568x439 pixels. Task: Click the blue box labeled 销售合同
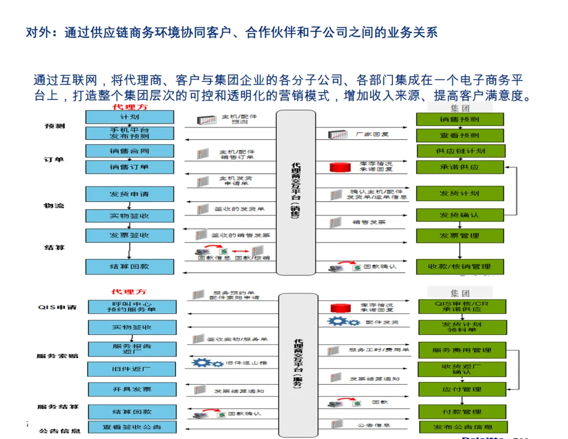click(x=129, y=151)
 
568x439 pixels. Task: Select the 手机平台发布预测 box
click(x=129, y=133)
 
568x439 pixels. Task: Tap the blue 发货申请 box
click(x=129, y=194)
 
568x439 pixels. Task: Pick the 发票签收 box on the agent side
click(x=129, y=235)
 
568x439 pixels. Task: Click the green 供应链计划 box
click(x=460, y=151)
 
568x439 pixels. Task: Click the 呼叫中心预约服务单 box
click(x=132, y=307)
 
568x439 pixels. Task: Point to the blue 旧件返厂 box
click(x=132, y=369)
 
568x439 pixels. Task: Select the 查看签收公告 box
click(x=132, y=427)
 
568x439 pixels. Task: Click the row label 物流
click(x=54, y=205)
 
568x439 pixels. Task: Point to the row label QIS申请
click(x=57, y=307)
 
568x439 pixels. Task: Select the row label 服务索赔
click(x=57, y=356)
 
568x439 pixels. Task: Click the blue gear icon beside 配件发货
click(x=344, y=321)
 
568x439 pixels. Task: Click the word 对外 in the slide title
click(x=38, y=33)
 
